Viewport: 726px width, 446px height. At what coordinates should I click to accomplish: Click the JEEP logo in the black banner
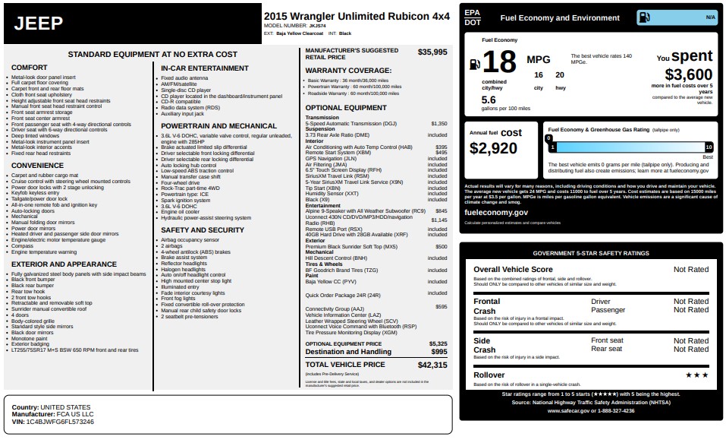point(39,24)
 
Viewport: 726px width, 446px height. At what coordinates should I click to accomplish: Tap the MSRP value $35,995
point(432,52)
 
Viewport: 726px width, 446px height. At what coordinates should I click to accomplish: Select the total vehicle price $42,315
point(432,365)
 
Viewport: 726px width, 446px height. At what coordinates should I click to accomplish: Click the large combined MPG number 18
point(498,62)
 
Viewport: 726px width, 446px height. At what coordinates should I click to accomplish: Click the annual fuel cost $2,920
point(494,148)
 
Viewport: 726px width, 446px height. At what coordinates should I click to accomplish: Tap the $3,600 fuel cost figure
point(688,74)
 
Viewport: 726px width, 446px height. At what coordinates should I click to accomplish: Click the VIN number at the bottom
point(60,421)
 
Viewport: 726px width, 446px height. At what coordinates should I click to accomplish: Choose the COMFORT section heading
point(30,68)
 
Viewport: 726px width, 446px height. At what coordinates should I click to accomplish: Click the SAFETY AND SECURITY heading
point(203,229)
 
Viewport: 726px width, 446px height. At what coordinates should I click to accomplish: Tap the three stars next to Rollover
point(696,375)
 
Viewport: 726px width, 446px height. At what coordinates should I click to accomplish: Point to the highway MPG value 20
point(560,75)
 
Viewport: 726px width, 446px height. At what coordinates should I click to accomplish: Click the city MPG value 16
point(539,75)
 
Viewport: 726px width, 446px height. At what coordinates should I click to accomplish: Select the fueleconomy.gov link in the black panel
point(495,213)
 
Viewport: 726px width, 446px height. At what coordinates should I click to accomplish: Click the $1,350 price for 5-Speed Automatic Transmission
point(438,123)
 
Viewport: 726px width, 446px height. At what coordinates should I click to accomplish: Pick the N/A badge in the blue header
point(710,17)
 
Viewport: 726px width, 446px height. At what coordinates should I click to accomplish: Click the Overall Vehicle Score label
point(513,270)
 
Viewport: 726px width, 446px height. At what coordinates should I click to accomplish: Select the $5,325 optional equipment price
point(438,343)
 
